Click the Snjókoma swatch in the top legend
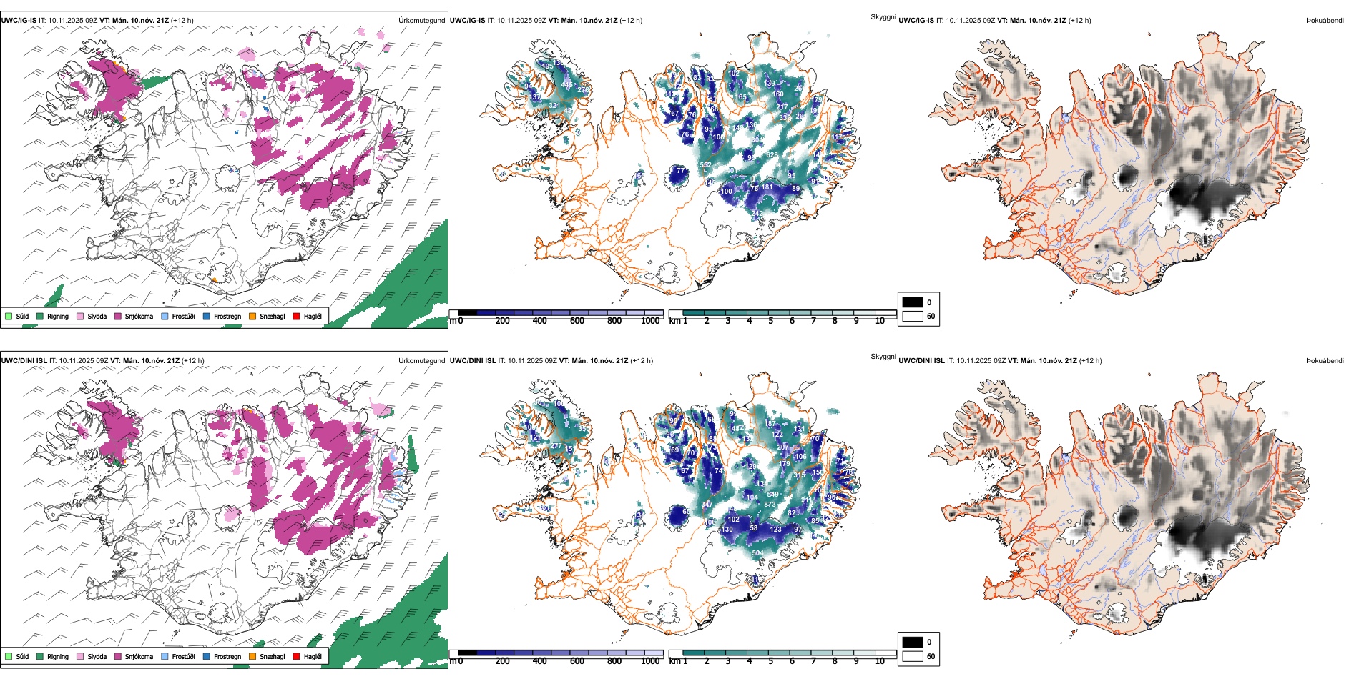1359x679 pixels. tap(118, 316)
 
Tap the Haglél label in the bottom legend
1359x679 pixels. tap(313, 656)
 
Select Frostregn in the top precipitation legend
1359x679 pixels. tap(227, 316)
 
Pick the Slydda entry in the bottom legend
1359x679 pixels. tap(97, 656)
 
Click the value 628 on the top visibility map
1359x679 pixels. tap(772, 155)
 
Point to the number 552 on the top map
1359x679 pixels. tap(705, 165)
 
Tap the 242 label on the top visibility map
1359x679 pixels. tap(757, 214)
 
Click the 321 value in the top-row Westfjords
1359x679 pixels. tap(554, 106)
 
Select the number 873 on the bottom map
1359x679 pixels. tap(770, 505)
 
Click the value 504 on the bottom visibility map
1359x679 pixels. tap(757, 553)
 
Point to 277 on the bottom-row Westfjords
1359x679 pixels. tap(556, 446)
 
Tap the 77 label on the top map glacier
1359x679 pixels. tap(680, 172)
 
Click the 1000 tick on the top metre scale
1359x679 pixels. tap(650, 321)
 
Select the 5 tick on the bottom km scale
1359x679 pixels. tap(770, 661)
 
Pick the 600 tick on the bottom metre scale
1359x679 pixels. tap(577, 661)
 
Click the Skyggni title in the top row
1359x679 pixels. tap(883, 16)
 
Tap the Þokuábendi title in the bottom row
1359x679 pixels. tap(1325, 361)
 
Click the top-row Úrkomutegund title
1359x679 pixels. tap(421, 21)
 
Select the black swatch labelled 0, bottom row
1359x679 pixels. tap(913, 642)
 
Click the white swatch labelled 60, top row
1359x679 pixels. tap(913, 316)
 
